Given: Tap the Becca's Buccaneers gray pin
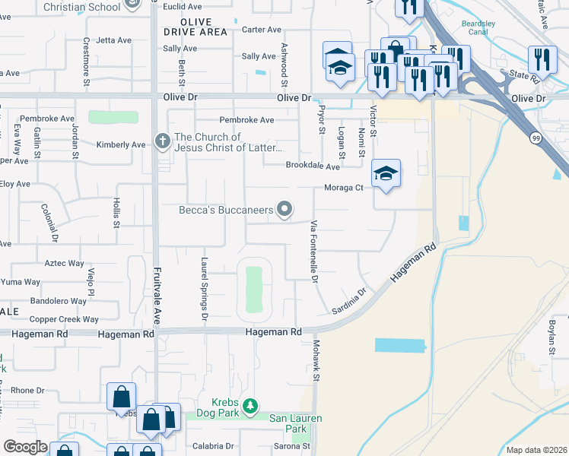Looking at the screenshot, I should [x=285, y=209].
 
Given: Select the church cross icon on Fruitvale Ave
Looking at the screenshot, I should [x=161, y=141].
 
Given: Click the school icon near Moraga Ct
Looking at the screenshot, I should [x=386, y=174].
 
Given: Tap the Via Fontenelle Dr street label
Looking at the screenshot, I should [x=313, y=251].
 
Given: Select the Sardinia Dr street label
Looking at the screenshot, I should [x=349, y=301].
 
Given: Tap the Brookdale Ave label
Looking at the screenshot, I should [x=313, y=166].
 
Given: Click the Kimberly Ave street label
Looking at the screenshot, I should [x=121, y=144].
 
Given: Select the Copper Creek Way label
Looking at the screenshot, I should [x=64, y=319].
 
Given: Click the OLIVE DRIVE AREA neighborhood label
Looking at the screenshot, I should [x=195, y=27].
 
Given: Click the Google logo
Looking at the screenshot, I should [x=25, y=447].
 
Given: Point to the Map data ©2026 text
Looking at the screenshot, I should [x=537, y=450].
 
